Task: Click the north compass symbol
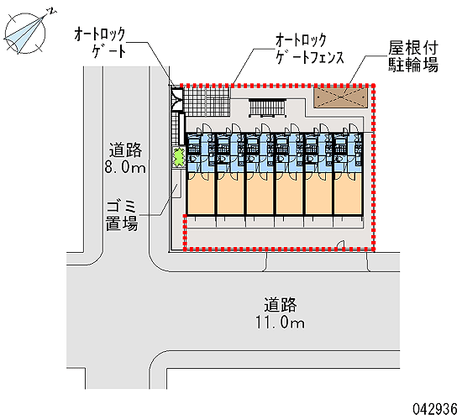click(x=26, y=32)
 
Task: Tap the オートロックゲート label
click(x=100, y=43)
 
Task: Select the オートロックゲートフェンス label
click(x=310, y=49)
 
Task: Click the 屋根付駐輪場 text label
click(x=413, y=56)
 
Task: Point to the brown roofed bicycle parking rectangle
click(x=340, y=97)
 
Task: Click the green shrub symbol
click(x=178, y=157)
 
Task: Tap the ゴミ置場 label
click(x=122, y=216)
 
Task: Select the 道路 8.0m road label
click(x=125, y=158)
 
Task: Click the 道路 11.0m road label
click(x=280, y=313)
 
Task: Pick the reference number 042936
click(x=435, y=409)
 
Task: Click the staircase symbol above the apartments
click(x=268, y=108)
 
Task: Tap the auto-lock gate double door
click(x=177, y=99)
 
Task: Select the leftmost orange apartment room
click(x=201, y=194)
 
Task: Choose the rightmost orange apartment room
click(x=348, y=194)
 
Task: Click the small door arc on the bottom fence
click(x=341, y=245)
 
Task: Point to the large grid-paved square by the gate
click(x=206, y=102)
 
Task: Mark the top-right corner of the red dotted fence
click(x=374, y=86)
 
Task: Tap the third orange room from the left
click(x=260, y=194)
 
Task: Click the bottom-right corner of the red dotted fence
click(x=374, y=249)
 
